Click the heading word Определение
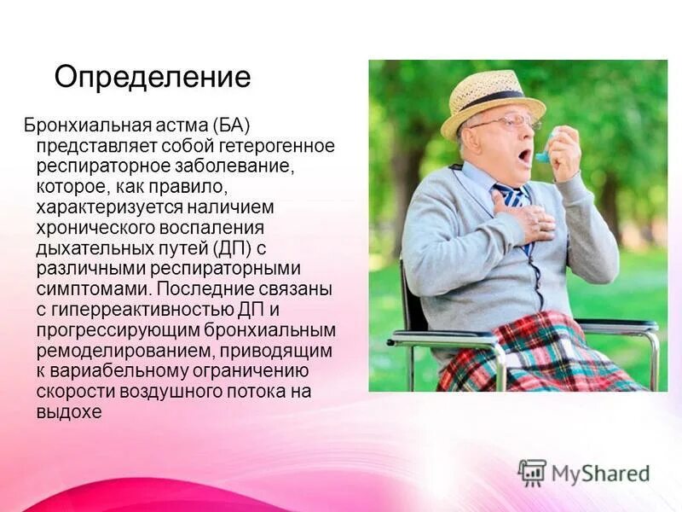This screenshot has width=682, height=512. point(153,78)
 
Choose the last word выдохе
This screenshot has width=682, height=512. point(69,412)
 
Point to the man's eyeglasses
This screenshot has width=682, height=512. point(506,123)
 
